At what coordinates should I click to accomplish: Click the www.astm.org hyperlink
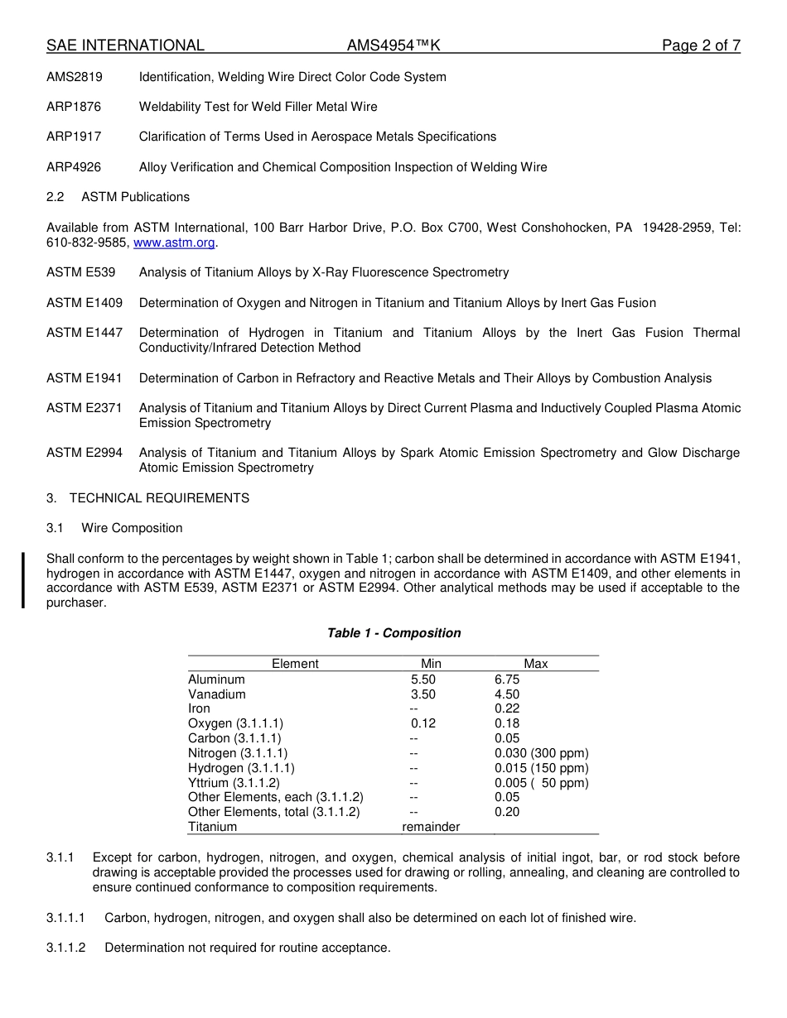tap(174, 242)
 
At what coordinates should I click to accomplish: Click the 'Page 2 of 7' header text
tap(700, 46)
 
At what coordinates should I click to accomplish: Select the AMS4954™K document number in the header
tap(393, 46)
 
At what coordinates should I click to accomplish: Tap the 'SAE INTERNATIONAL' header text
tap(125, 46)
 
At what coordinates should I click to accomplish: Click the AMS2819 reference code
tap(75, 77)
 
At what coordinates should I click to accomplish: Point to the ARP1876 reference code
tap(74, 107)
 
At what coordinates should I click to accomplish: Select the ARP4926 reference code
tap(74, 167)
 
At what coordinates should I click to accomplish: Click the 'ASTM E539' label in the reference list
tap(81, 272)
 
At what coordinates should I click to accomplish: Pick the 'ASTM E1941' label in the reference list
tap(84, 378)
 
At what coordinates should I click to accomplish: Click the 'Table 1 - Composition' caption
tap(393, 633)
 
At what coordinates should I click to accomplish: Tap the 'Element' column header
tap(295, 664)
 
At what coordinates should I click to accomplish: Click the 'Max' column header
tap(536, 664)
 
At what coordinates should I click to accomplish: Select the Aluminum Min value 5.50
tap(422, 679)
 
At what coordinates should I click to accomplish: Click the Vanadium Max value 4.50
tap(507, 694)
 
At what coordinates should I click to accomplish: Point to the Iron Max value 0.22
tap(507, 708)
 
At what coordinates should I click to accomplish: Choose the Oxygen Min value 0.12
tap(422, 723)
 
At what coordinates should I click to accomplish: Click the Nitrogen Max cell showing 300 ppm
tap(542, 753)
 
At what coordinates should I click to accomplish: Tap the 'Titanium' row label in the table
tap(212, 827)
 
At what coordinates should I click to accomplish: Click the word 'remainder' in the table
tap(431, 827)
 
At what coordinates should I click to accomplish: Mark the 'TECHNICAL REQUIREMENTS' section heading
tap(159, 498)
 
